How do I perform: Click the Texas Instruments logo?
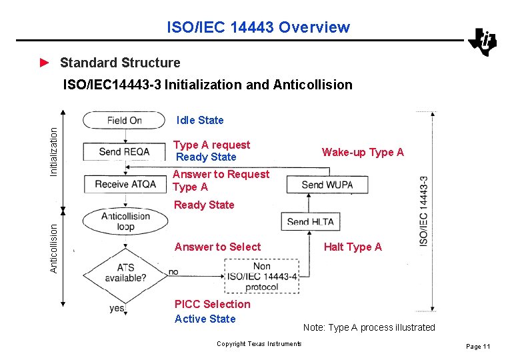click(x=482, y=42)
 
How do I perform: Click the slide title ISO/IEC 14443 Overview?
click(x=258, y=27)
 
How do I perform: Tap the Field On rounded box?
click(x=124, y=121)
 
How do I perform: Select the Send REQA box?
click(x=125, y=152)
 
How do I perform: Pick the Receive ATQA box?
click(x=125, y=183)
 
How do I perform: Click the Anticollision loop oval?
click(x=125, y=221)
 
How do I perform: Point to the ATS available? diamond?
click(x=125, y=273)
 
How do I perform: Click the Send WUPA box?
click(x=327, y=184)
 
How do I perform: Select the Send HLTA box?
click(x=311, y=222)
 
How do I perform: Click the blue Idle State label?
click(x=200, y=121)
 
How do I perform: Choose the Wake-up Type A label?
click(x=363, y=152)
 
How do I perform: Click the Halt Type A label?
click(x=353, y=247)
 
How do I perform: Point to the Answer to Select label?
click(x=217, y=247)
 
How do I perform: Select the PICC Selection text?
click(x=212, y=304)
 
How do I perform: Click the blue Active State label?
click(x=205, y=319)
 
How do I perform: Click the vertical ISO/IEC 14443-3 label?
click(x=424, y=211)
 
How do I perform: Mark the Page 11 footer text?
click(x=478, y=347)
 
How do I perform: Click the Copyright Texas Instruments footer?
click(x=259, y=344)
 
